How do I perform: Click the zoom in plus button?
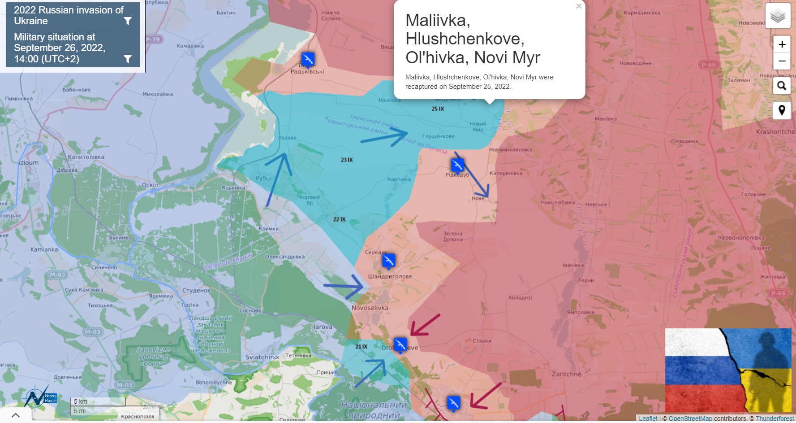pos(782,44)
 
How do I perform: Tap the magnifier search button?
pos(782,86)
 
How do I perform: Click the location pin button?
pos(782,110)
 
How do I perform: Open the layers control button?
pos(778,16)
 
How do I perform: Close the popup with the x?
pos(579,6)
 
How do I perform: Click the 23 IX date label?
pos(347,160)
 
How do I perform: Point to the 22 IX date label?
pos(339,219)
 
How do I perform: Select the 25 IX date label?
pos(438,109)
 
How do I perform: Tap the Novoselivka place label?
pos(370,308)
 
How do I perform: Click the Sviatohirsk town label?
pos(262,357)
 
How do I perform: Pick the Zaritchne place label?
pos(566,374)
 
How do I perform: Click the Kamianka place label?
pos(44,249)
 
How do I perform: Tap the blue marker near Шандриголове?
pos(388,260)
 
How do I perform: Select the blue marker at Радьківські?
pos(308,59)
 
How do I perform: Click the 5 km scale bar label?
pos(81,401)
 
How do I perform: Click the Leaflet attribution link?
pos(648,419)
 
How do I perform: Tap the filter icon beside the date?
pos(128,59)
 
